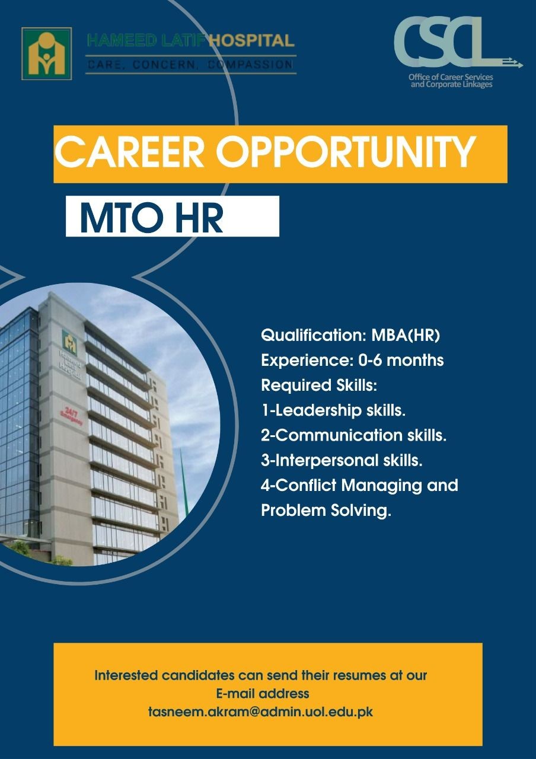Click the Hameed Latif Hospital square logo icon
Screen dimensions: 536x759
46,53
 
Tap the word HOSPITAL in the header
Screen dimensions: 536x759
252,41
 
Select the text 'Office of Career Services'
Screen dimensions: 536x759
451,77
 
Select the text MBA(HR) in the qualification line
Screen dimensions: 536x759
406,336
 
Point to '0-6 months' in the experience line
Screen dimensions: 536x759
401,360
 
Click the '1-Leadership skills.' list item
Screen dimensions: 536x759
334,411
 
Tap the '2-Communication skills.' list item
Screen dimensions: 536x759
354,435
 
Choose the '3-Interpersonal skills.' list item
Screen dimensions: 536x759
342,461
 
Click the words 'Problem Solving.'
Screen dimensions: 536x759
326,511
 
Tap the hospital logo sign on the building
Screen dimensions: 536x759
69,343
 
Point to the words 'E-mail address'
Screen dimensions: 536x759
263,693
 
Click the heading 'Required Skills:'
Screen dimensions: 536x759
319,385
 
